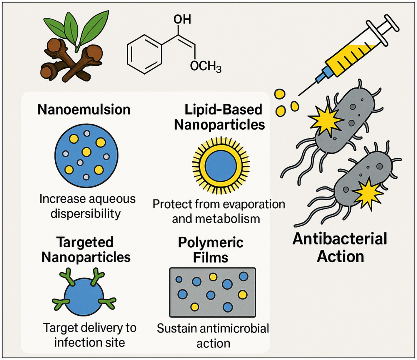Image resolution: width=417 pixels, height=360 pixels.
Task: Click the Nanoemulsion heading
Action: pos(84,110)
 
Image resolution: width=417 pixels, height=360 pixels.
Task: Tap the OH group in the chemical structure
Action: pos(182,19)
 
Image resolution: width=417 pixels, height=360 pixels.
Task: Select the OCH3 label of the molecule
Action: pos(205,67)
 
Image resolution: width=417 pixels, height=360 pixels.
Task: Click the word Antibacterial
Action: pos(340,239)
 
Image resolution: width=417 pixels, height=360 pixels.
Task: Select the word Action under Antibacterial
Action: pos(340,256)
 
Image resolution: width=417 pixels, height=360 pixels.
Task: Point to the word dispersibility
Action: pos(86,213)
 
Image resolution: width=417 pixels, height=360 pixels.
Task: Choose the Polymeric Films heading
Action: pos(211,250)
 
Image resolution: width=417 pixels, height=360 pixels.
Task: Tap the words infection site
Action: pos(89,342)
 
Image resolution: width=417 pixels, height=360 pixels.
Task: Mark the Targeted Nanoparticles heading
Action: pos(86,250)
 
